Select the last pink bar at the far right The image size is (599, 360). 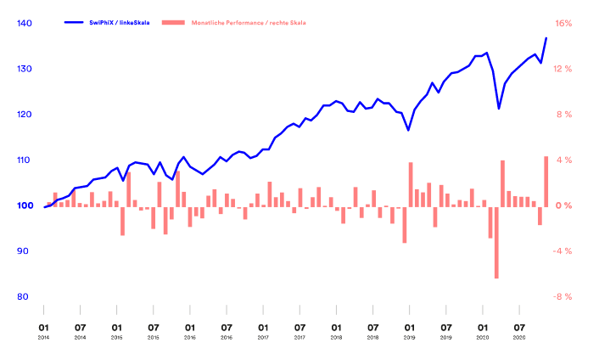click(546, 181)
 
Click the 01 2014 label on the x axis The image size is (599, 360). click(43, 329)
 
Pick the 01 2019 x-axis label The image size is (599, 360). click(410, 329)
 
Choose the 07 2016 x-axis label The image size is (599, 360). click(227, 329)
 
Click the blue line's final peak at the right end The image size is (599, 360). click(546, 38)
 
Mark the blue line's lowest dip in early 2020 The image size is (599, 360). click(499, 109)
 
